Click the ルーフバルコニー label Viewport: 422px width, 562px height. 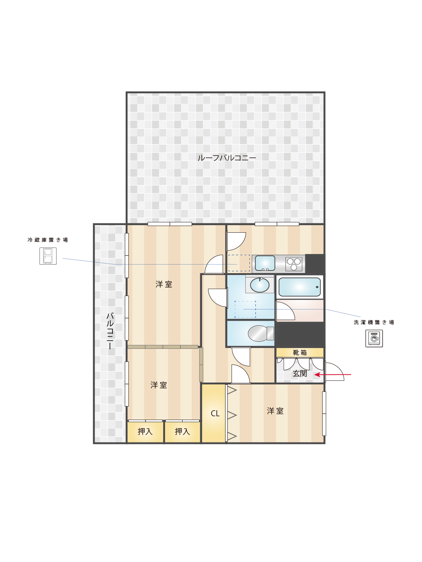click(227, 158)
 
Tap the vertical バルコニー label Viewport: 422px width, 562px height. click(110, 331)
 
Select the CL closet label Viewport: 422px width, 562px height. click(215, 414)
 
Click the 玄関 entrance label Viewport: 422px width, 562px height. click(299, 374)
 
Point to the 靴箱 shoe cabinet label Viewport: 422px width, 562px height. click(299, 353)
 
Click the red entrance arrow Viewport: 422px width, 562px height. click(333, 375)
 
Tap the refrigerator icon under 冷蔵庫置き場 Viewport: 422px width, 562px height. click(48, 256)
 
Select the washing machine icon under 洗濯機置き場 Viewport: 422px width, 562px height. click(374, 338)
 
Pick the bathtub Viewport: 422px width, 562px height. click(299, 287)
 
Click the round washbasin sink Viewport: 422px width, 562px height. click(260, 285)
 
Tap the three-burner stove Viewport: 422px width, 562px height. click(294, 264)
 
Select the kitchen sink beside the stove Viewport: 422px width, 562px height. click(265, 263)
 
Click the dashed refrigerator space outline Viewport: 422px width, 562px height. click(239, 263)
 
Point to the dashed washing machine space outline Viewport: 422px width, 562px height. click(245, 309)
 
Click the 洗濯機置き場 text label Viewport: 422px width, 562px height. click(374, 322)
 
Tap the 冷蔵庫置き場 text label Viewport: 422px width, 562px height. click(48, 240)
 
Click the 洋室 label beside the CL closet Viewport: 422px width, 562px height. click(275, 411)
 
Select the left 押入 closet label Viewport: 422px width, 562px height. click(145, 432)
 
